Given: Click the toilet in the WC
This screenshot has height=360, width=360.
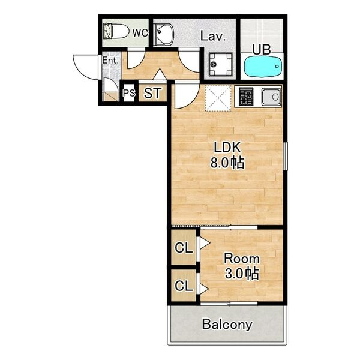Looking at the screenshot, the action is pos(116,31).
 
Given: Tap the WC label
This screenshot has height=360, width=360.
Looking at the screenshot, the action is pos(140,33).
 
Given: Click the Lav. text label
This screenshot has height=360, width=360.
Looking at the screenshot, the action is pos(213,36).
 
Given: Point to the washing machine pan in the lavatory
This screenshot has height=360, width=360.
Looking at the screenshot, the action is pos(220,64).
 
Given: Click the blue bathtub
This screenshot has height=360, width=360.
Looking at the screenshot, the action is pos(263,67).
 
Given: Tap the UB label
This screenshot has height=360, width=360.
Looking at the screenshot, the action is pos(262,50).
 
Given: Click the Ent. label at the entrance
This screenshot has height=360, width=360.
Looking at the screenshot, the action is pos(110,61).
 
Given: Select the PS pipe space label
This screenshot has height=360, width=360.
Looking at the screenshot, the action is pos(129,93).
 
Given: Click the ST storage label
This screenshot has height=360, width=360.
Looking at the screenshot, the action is pos(152,93).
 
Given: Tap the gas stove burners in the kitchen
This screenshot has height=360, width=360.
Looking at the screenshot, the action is pos(246,97).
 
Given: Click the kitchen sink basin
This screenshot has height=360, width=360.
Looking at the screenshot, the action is pos(271,97).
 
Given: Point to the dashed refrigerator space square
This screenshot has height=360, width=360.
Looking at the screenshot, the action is pos(218,98).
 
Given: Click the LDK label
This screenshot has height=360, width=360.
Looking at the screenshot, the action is pos(227,148).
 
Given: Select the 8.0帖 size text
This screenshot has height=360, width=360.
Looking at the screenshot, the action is pos(227,163).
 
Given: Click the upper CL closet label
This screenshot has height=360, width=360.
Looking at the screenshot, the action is pos(184,248).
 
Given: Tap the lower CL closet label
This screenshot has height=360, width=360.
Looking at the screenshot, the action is pos(184,286).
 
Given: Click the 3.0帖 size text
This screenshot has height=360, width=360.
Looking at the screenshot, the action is pos(242,274).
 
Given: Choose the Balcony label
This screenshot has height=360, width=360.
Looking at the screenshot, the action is pos(227,325).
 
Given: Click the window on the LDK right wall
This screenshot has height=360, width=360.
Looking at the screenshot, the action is pos(285,156).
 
